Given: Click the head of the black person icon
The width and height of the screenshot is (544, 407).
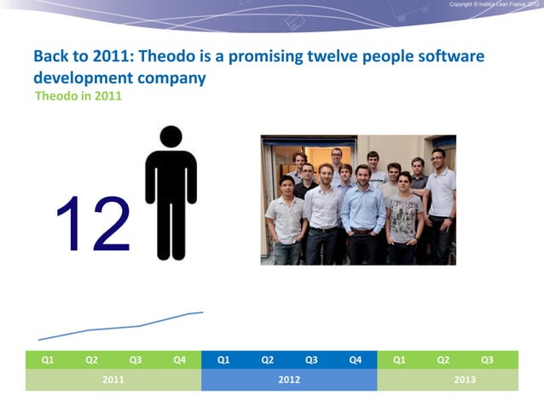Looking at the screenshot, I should [x=171, y=137].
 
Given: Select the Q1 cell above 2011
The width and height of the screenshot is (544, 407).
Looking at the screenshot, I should [x=48, y=360].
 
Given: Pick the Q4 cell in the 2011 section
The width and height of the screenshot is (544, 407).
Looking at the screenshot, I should [x=179, y=360].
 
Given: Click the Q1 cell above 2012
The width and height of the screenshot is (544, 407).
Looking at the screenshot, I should [x=223, y=360].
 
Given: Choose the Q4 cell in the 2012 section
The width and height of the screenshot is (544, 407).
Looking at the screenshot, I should [x=355, y=360].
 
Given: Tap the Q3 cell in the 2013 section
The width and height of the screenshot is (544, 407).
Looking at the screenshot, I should [x=487, y=360].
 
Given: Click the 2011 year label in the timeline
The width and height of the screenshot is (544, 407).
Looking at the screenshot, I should [x=113, y=380].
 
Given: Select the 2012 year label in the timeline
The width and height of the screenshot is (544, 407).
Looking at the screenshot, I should [x=289, y=380].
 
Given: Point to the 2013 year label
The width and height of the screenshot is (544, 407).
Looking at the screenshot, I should [x=465, y=380].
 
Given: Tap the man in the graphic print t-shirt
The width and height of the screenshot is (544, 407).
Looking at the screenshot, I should [x=404, y=217].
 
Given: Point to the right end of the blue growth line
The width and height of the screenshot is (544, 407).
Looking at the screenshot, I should [x=202, y=312].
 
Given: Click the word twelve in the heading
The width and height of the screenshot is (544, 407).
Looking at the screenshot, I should [x=332, y=57].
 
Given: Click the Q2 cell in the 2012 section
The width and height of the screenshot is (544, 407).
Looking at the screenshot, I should [x=267, y=360].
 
